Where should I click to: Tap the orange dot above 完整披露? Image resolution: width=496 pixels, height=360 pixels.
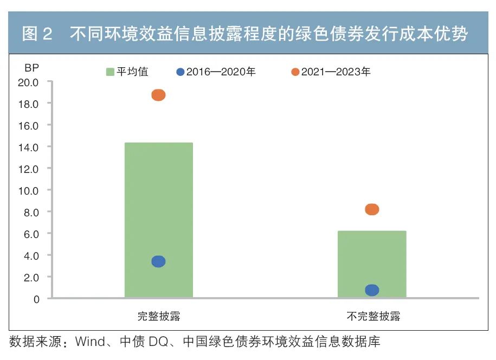(x=158, y=95)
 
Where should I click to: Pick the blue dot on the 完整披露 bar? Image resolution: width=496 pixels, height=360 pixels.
(x=158, y=261)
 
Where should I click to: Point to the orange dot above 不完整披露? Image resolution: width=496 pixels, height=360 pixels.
(x=372, y=209)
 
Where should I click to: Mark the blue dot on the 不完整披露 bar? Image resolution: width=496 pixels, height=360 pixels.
(x=372, y=290)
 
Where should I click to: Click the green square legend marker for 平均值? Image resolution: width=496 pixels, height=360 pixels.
(x=110, y=72)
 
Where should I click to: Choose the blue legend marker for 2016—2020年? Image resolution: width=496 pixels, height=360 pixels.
(x=181, y=72)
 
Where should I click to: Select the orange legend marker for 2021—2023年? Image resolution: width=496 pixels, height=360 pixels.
(x=295, y=72)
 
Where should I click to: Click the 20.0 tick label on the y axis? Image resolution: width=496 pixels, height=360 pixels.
(x=28, y=82)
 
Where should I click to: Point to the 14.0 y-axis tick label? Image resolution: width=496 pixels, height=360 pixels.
(x=28, y=147)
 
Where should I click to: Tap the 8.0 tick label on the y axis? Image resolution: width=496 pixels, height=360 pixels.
(x=31, y=212)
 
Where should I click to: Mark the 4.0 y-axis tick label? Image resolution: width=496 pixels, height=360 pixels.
(x=31, y=255)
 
